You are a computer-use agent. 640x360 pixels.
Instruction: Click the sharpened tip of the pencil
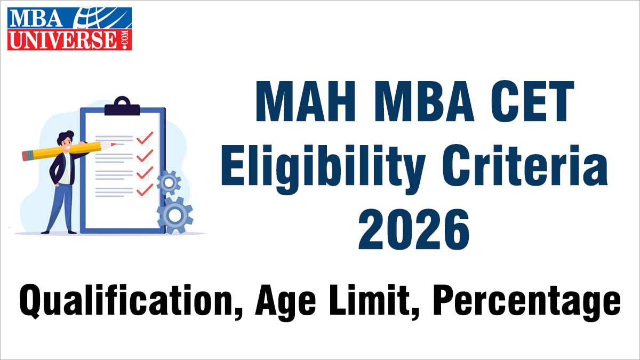[x=115, y=143]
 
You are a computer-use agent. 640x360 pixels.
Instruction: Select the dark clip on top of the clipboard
[x=122, y=107]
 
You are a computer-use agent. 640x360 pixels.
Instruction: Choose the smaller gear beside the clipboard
[x=170, y=183]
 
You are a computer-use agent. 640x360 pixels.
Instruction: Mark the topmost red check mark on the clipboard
[x=144, y=138]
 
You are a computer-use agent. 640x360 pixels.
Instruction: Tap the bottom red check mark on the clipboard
[x=144, y=190]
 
